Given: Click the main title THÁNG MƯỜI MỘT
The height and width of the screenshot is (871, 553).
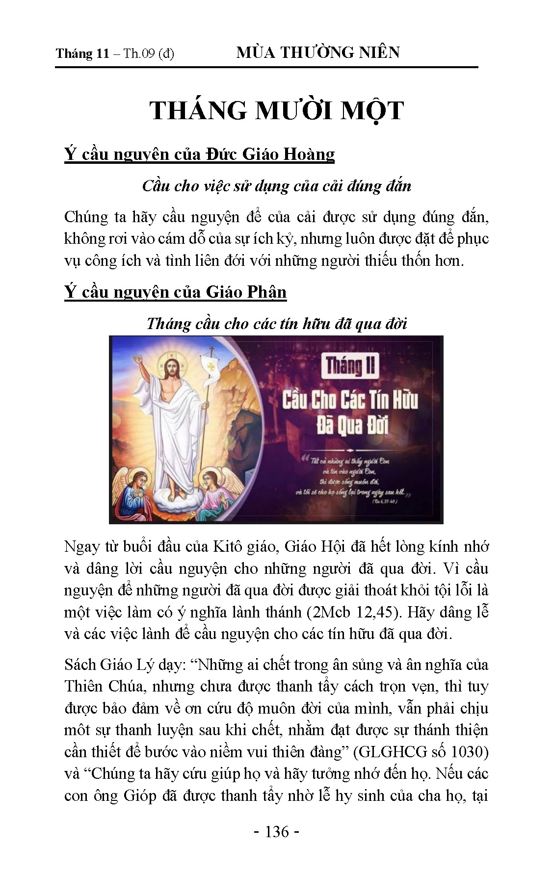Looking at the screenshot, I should [276, 110].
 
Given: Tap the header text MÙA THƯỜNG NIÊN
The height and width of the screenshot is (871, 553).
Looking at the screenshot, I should [318, 52].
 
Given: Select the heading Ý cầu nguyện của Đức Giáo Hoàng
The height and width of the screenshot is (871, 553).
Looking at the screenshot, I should [199, 154].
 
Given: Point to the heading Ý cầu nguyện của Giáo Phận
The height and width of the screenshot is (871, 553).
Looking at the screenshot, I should [175, 292].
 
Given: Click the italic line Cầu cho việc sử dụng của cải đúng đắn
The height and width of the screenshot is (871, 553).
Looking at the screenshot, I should [276, 186].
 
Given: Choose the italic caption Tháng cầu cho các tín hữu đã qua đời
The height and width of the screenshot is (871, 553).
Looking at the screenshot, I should [276, 324].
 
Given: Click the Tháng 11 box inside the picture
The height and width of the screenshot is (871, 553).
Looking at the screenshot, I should [350, 366].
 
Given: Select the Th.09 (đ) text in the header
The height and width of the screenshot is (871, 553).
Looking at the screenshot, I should [149, 53].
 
